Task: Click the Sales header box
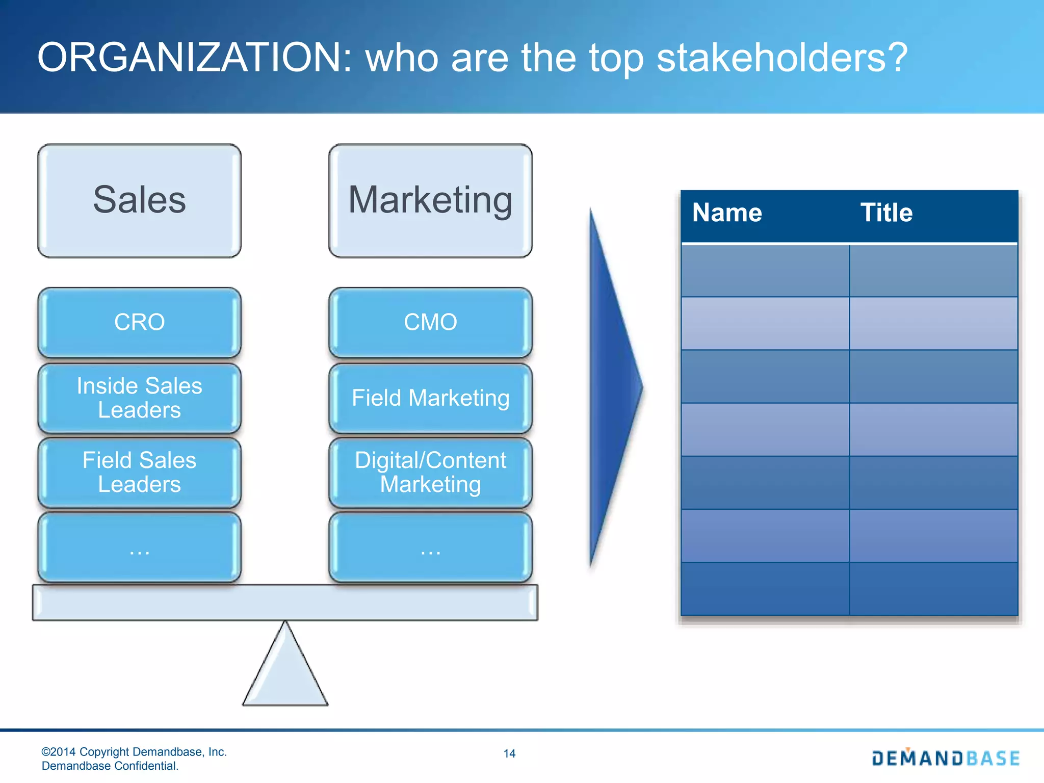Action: point(139,200)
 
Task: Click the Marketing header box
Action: point(430,200)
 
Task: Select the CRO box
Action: point(139,322)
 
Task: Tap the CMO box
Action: point(430,322)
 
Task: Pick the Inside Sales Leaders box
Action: point(139,398)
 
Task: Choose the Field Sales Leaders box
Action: point(139,472)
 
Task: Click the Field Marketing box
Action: point(430,398)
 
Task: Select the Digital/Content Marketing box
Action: point(430,472)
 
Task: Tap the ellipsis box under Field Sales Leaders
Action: point(139,547)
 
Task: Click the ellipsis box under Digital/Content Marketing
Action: point(430,547)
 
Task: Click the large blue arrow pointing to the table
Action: point(612,387)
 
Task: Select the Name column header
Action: point(727,213)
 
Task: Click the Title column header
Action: point(886,213)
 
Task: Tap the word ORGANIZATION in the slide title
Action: point(194,57)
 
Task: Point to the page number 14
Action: point(509,753)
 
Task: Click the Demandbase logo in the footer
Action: point(946,758)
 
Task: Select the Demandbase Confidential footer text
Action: point(110,766)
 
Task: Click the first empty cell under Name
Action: point(765,271)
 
